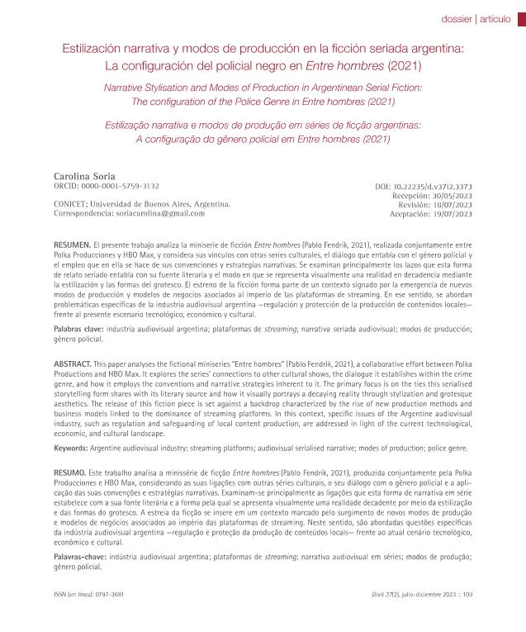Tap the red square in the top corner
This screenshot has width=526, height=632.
(x=520, y=15)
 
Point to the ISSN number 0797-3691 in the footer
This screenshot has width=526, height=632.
(x=110, y=593)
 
